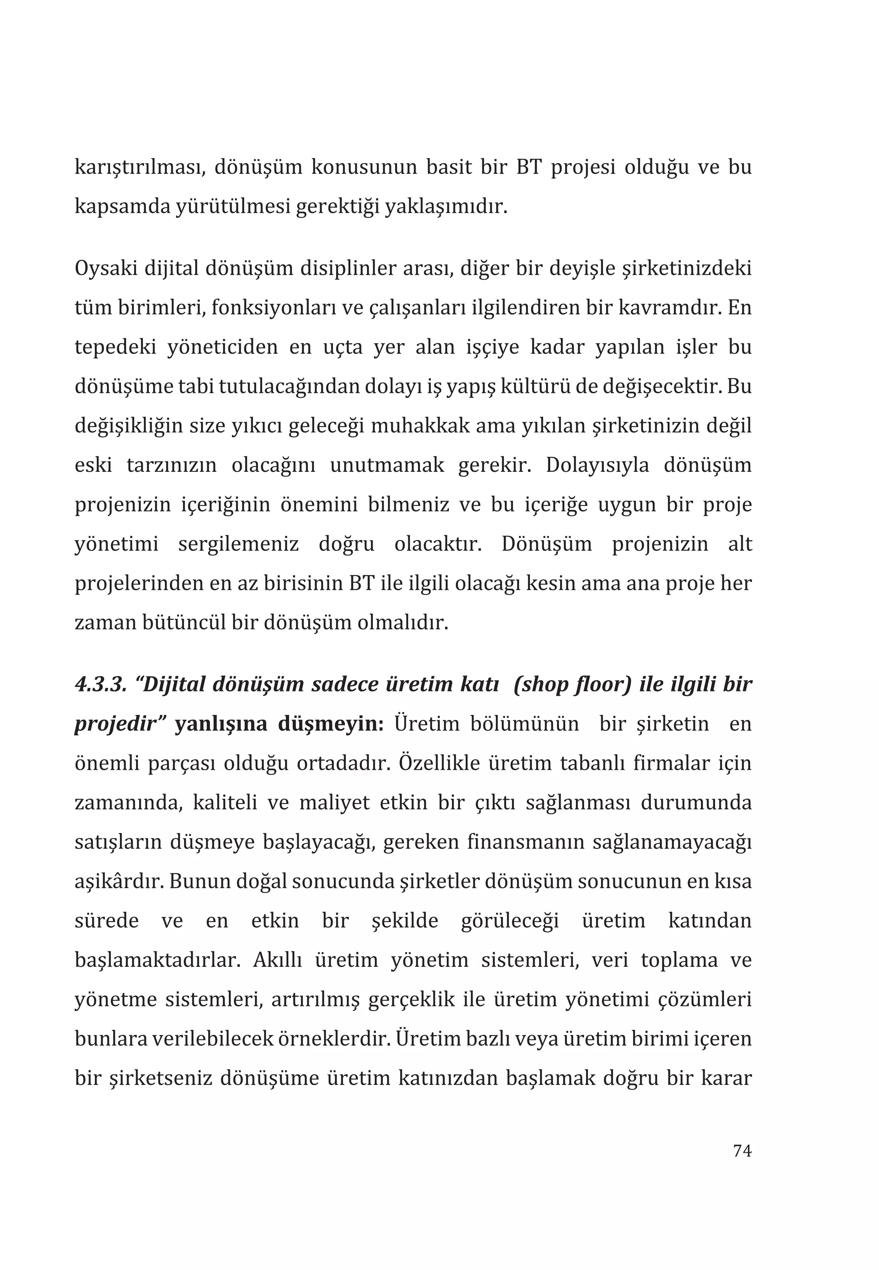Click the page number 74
[742, 1151]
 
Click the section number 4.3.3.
[101, 684]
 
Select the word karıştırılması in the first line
[140, 167]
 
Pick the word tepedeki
[115, 347]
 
